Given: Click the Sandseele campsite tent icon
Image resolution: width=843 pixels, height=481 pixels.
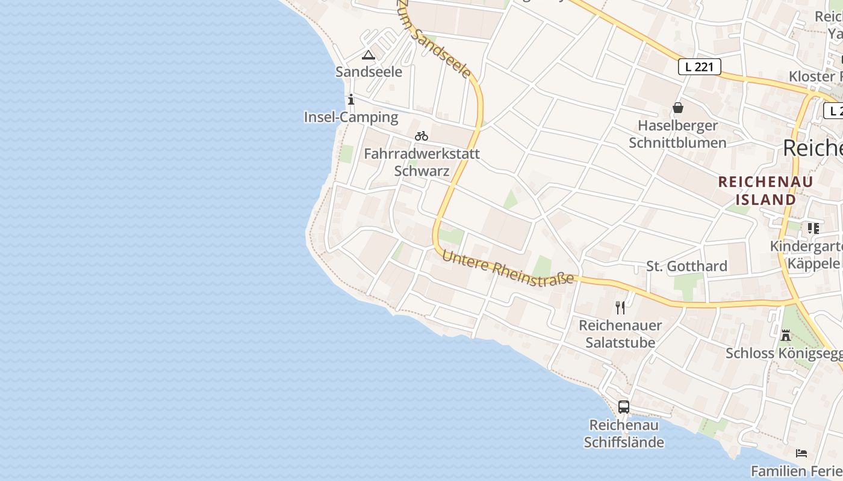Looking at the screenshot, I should click(368, 55).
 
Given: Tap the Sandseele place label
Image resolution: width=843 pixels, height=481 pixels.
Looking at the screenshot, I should click(369, 72).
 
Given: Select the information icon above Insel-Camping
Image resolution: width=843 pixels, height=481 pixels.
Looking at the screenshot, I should click(351, 100).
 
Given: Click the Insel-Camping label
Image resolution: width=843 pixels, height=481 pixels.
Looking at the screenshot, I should click(351, 117).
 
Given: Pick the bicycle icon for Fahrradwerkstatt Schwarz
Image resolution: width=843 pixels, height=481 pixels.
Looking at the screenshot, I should click(421, 136).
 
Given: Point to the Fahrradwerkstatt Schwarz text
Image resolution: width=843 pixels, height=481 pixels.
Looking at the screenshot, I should click(421, 162).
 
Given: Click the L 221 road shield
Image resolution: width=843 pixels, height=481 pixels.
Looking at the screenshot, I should click(699, 67).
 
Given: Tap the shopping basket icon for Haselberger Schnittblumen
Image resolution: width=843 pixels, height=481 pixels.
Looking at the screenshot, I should click(678, 108).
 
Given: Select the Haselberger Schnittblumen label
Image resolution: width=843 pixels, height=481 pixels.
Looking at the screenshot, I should click(677, 134).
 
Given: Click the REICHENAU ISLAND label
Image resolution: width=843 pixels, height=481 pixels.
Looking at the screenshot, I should click(765, 191).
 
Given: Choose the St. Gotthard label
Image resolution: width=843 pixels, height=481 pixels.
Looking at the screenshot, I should click(686, 266).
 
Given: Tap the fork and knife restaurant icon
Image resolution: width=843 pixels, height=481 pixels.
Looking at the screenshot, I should click(620, 308).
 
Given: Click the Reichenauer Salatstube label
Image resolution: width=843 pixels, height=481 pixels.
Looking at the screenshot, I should click(620, 334).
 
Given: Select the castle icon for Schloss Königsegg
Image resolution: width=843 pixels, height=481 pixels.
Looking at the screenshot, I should click(786, 335).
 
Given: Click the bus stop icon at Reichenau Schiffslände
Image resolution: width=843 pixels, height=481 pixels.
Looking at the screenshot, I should click(624, 407).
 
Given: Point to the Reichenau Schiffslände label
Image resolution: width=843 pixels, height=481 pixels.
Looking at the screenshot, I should click(624, 434).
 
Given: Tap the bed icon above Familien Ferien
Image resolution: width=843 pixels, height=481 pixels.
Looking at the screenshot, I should click(801, 453).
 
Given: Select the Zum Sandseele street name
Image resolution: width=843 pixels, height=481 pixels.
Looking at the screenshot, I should click(434, 39).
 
